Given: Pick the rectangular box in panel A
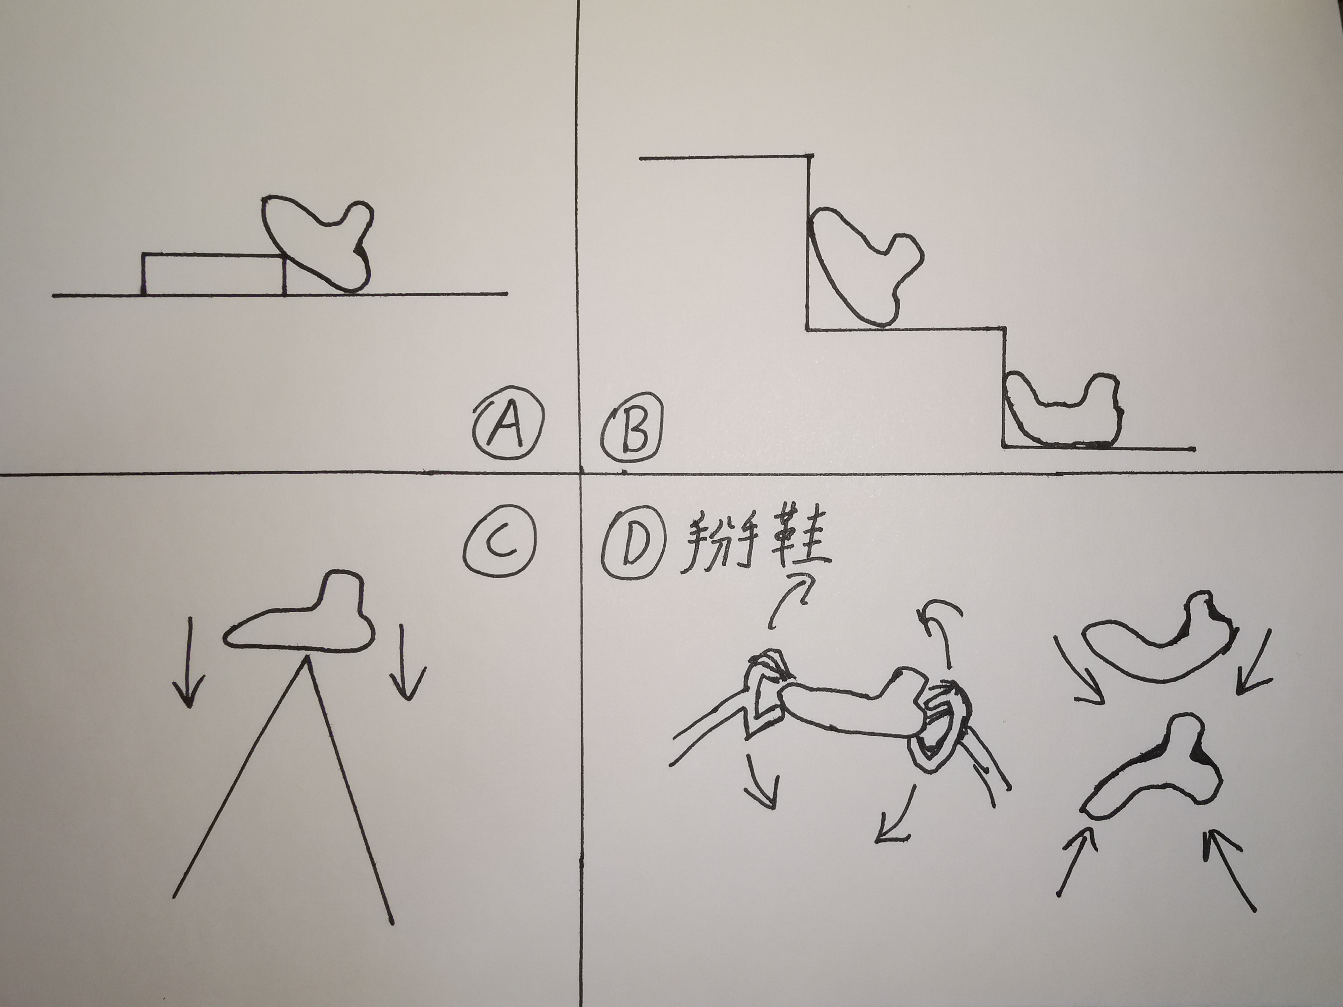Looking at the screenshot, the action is pos(214,274).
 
